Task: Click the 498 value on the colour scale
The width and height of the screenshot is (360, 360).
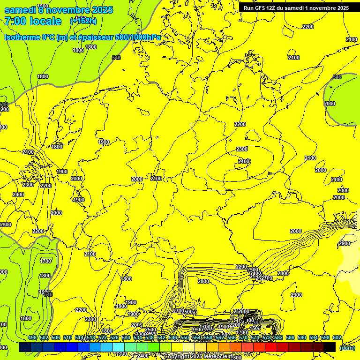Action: pyautogui.click(x=32, y=337)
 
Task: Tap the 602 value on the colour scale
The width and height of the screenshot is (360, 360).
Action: pyautogui.click(x=337, y=337)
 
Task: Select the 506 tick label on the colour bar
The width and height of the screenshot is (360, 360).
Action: pyautogui.click(x=56, y=337)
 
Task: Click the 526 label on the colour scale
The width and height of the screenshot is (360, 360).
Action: pyautogui.click(x=114, y=337)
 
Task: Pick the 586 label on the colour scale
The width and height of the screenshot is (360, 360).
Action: pyautogui.click(x=291, y=337)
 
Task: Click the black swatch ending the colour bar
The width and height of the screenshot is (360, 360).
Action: pyautogui.click(x=330, y=347)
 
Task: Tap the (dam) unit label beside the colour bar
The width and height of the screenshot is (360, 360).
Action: pyautogui.click(x=347, y=347)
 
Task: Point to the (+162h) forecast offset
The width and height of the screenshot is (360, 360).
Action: pyautogui.click(x=83, y=21)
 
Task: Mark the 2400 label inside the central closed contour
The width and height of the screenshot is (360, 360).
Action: pyautogui.click(x=244, y=161)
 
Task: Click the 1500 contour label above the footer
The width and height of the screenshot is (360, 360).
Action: pyautogui.click(x=255, y=328)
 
